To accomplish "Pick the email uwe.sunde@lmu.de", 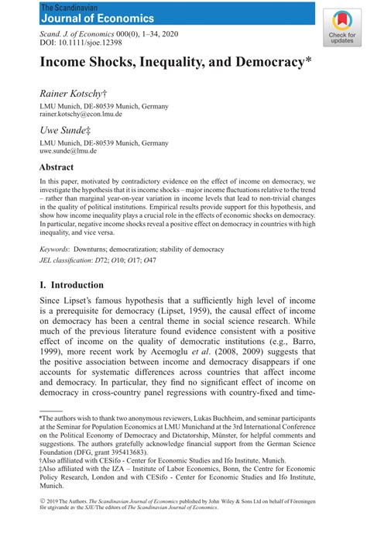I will (x=68, y=151).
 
